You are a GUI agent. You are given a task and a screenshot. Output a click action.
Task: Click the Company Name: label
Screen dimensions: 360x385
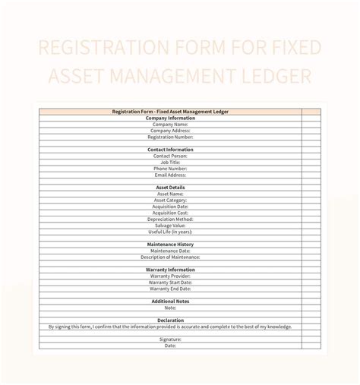(x=170, y=125)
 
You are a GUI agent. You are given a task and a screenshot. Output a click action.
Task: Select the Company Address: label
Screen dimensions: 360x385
(x=170, y=131)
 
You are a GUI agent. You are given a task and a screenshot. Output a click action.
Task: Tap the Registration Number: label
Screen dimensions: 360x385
(x=170, y=137)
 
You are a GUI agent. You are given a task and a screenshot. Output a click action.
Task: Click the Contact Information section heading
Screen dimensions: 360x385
(x=170, y=150)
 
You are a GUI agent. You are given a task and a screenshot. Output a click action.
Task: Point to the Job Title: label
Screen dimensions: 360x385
(x=170, y=162)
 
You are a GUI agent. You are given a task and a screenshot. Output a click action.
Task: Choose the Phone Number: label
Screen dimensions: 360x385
(x=170, y=169)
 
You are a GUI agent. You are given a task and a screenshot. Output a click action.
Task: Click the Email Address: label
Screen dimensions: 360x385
(x=170, y=175)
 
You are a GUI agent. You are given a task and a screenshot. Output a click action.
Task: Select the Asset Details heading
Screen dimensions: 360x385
(x=170, y=188)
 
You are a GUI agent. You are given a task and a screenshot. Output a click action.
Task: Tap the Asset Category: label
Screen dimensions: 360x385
(x=170, y=200)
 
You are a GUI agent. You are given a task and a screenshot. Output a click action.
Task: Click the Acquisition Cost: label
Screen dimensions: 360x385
(x=170, y=213)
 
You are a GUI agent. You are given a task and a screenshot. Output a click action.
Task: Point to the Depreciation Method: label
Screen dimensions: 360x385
(x=170, y=219)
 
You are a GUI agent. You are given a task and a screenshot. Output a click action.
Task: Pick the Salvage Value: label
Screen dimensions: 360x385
(x=170, y=225)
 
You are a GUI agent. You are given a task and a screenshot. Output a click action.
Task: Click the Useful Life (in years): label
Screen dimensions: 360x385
(x=170, y=232)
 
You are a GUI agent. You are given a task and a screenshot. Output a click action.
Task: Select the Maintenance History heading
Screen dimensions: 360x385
(x=170, y=245)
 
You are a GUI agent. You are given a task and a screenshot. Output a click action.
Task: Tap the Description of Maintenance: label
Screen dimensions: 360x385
(x=170, y=257)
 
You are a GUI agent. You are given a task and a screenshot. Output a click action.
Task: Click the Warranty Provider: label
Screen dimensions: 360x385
(x=170, y=276)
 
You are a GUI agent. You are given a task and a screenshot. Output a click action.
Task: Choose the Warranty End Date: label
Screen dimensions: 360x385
(x=170, y=289)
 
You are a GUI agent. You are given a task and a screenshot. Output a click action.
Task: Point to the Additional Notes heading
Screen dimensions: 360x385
(x=170, y=301)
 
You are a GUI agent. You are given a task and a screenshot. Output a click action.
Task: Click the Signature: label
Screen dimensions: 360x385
(x=170, y=339)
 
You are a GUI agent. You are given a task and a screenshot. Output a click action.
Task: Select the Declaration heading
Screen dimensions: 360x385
(x=170, y=320)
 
